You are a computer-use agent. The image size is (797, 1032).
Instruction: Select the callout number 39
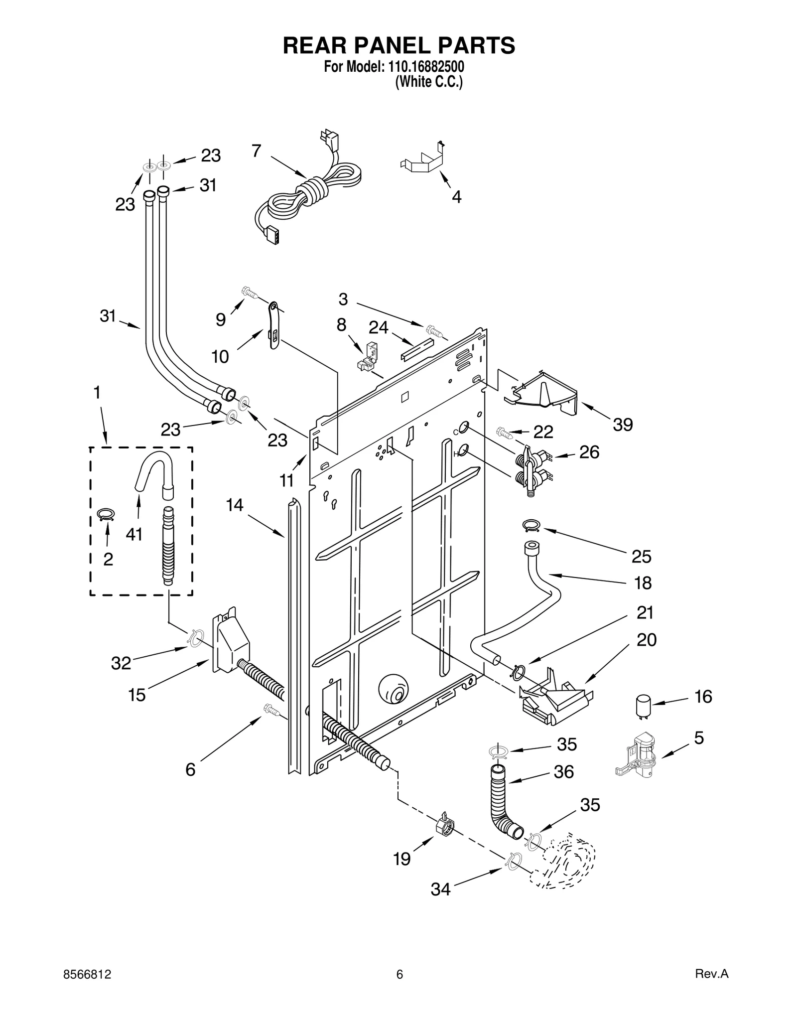(x=622, y=425)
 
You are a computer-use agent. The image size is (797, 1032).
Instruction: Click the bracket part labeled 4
(x=423, y=160)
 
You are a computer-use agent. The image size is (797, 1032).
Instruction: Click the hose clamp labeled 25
(x=531, y=524)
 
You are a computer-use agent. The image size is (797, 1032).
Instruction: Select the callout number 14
(x=235, y=505)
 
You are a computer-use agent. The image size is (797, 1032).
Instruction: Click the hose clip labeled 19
(x=444, y=827)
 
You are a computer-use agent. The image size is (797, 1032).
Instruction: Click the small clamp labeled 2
(x=106, y=514)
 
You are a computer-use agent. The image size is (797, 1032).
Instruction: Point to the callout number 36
(x=564, y=772)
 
